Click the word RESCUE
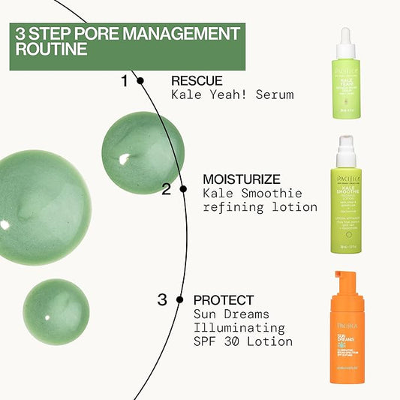click(197, 81)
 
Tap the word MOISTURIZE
click(242, 179)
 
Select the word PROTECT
click(224, 300)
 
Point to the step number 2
click(166, 189)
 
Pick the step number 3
click(162, 300)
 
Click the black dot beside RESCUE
click(140, 80)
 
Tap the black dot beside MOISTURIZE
click(180, 189)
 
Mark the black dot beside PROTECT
click(179, 299)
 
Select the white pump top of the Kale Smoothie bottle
click(346, 152)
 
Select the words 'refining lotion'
click(260, 206)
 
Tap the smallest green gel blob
click(56, 311)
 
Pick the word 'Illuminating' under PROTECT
click(239, 328)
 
